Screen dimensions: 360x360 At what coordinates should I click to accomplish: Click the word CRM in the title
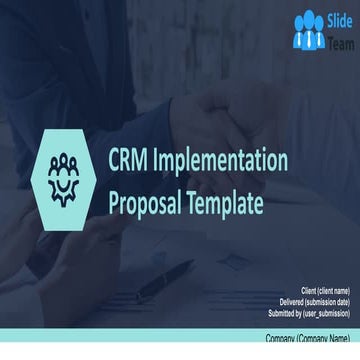(x=129, y=160)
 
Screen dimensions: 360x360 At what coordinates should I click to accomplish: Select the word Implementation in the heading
(x=221, y=160)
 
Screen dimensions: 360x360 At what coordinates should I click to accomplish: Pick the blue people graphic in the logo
(x=310, y=30)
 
